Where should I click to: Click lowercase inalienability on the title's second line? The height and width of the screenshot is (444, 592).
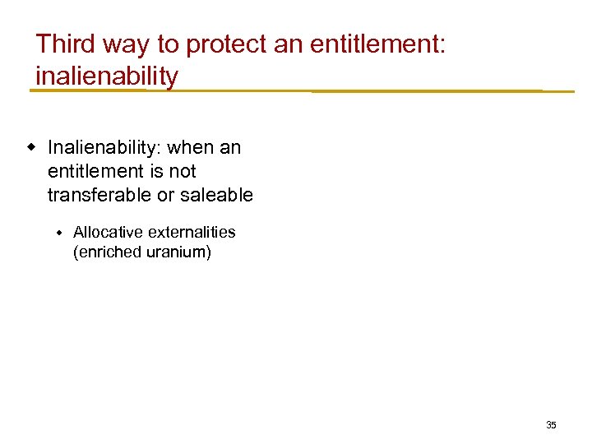coord(107,76)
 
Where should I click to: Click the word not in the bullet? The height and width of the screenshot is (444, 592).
coord(183,172)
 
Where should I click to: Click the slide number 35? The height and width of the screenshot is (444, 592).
coord(551,425)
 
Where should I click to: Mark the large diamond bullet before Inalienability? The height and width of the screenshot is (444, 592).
coord(32,148)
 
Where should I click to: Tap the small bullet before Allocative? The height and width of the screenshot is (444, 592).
coord(59,234)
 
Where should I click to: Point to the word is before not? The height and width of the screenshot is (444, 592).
coord(159,172)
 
